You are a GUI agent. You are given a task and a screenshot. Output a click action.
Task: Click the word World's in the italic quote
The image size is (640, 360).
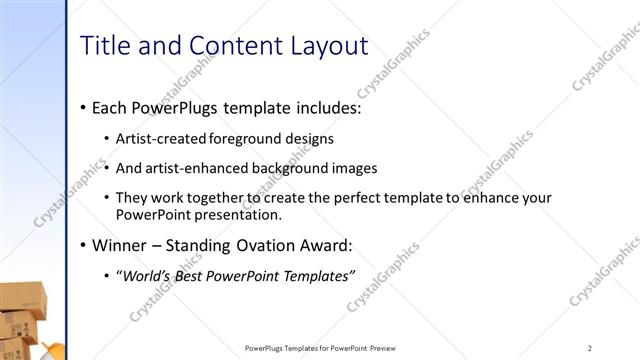pyautogui.click(x=147, y=276)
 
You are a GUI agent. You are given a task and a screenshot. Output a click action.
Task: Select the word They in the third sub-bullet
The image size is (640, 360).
pyautogui.click(x=131, y=198)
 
